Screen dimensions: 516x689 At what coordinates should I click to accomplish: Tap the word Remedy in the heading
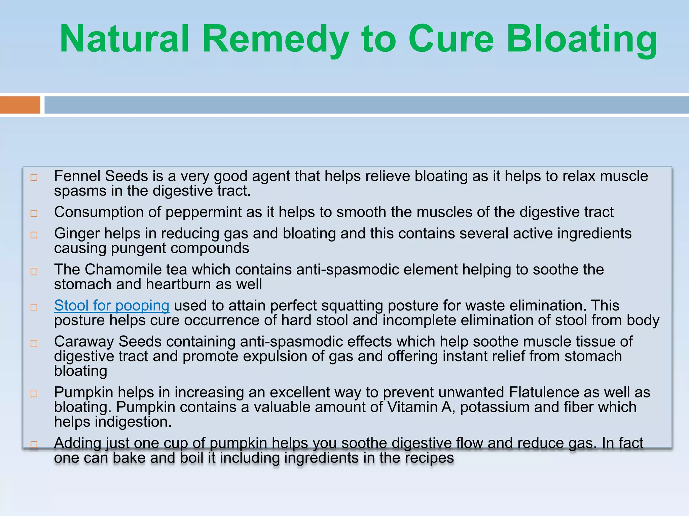(275, 39)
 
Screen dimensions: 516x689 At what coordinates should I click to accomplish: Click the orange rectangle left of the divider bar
(20, 105)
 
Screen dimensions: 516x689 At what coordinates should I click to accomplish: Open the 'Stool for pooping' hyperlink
(112, 306)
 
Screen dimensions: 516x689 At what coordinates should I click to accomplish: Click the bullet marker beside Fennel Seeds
(34, 178)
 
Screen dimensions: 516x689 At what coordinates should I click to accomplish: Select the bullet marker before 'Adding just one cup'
(34, 445)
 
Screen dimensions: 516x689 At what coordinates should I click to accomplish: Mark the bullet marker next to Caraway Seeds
(34, 343)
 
